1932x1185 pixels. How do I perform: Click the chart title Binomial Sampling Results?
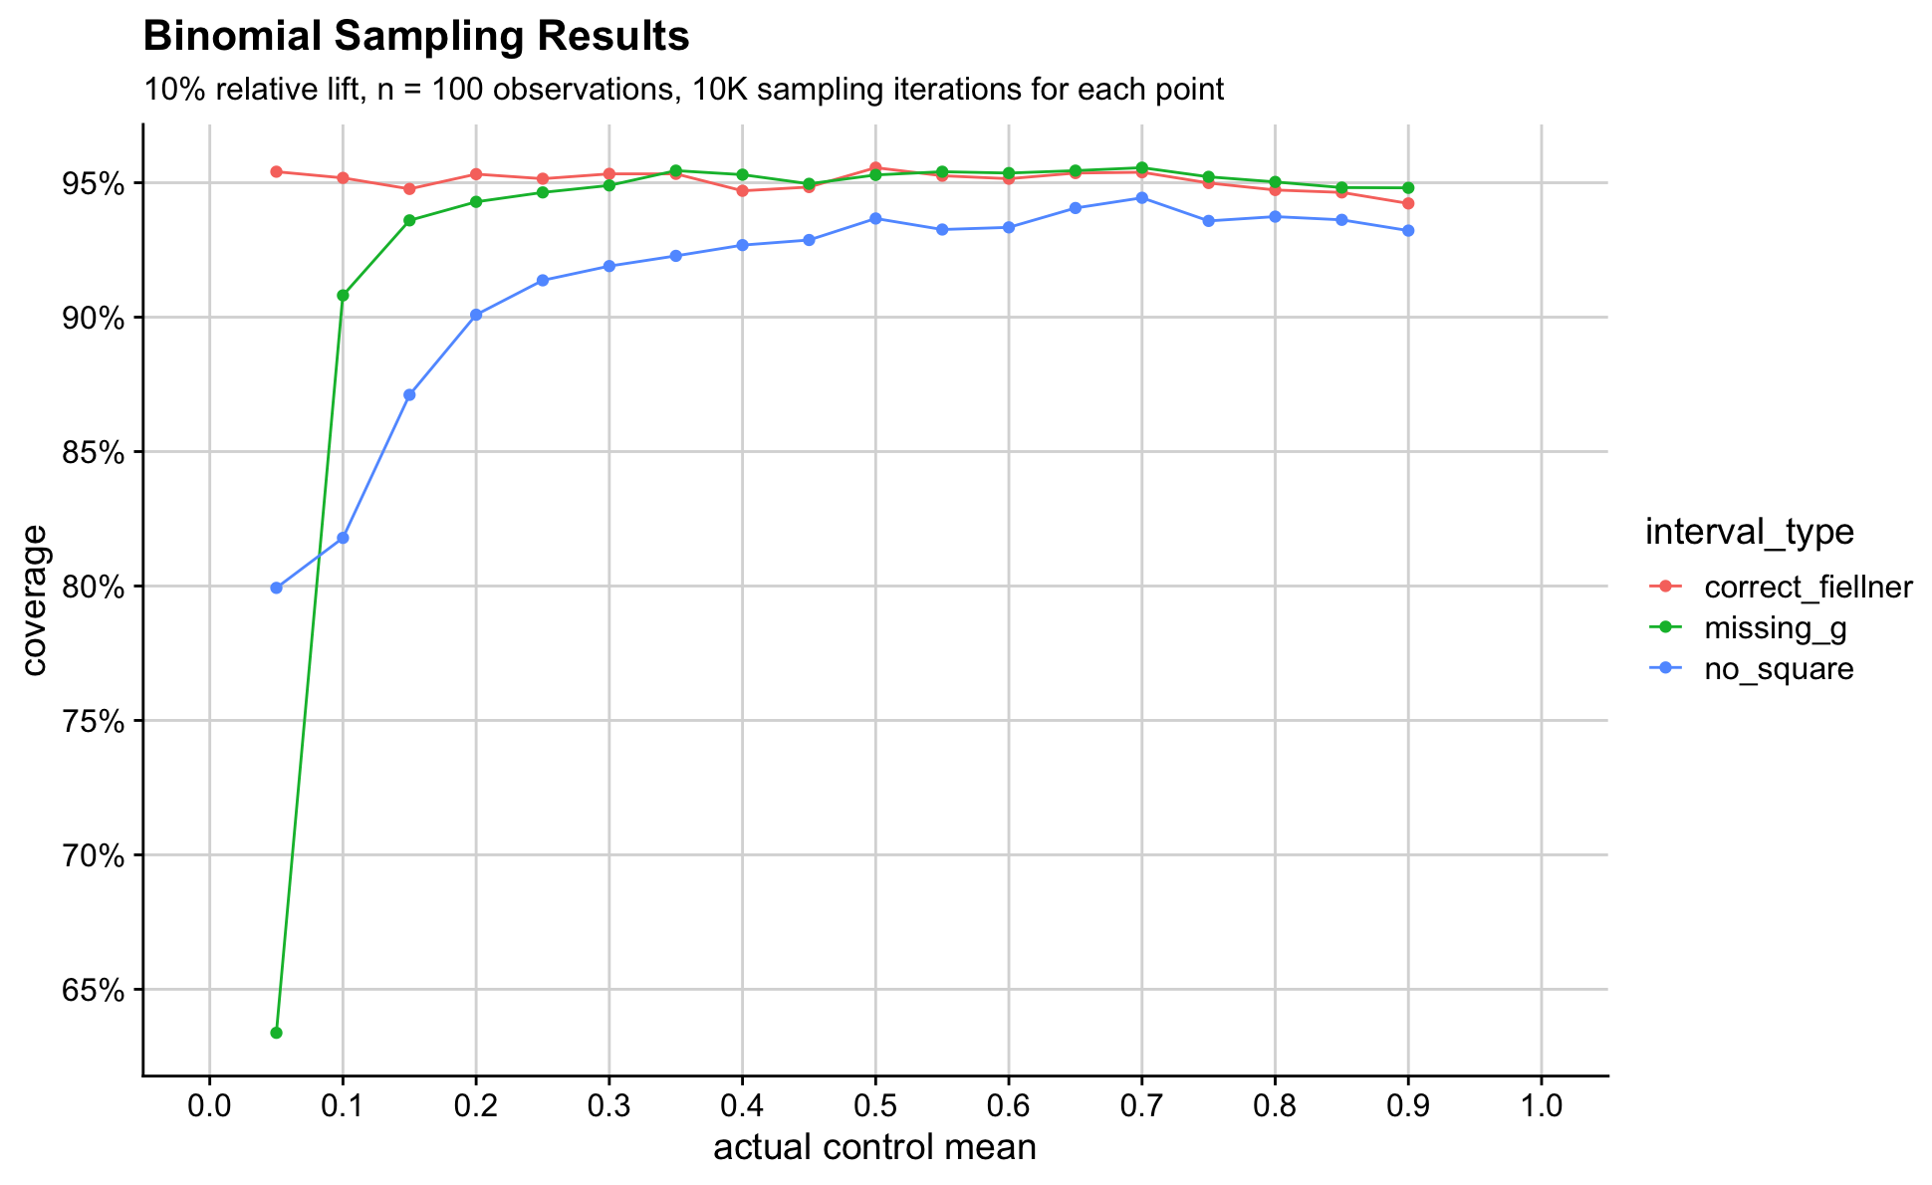[x=416, y=38]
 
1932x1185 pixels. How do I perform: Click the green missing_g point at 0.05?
[x=276, y=1033]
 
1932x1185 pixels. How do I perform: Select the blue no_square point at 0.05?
[x=276, y=588]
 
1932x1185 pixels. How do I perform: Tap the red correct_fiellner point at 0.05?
[x=276, y=171]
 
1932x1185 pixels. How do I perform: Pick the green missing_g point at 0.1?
[x=343, y=295]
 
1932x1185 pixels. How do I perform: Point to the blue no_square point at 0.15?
[x=409, y=395]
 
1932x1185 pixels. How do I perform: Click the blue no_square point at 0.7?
[x=1141, y=197]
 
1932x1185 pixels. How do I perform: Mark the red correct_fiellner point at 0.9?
[x=1408, y=203]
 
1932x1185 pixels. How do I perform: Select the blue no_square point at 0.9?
[x=1408, y=230]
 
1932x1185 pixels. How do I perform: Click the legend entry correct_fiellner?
[x=1808, y=588]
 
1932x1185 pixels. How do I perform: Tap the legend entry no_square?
[x=1779, y=669]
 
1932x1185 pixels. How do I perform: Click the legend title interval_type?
[x=1749, y=533]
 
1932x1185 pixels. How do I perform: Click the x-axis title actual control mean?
[x=874, y=1148]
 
